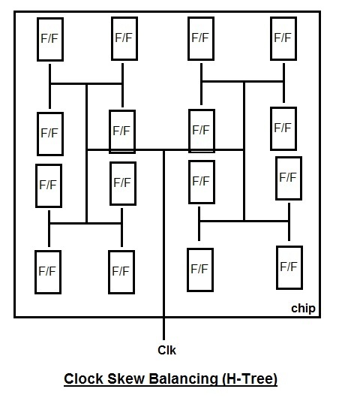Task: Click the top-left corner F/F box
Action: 50,39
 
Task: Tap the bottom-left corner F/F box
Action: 48,272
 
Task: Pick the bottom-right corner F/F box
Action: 289,267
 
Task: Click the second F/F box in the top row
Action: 124,38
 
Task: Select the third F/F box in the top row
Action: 200,38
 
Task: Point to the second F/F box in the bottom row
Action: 121,272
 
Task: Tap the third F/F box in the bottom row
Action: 200,269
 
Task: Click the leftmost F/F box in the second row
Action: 50,134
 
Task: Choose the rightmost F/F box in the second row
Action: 283,128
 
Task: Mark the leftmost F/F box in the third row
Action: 48,185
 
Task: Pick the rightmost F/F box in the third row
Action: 289,178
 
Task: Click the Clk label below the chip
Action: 166,350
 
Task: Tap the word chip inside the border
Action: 303,309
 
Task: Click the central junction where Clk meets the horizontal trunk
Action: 164,150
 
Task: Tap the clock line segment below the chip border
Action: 164,329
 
